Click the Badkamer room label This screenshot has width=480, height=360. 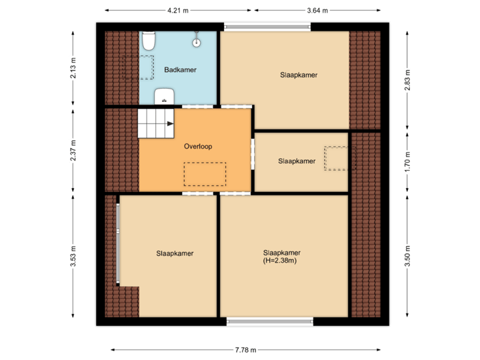(180, 69)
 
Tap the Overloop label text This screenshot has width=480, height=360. (198, 146)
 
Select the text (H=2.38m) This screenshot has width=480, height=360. (279, 261)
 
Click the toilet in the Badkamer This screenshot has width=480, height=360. (148, 42)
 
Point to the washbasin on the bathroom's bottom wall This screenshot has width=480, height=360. (164, 97)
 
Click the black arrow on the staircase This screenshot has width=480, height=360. (170, 123)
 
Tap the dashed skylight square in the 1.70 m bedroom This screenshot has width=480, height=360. (336, 159)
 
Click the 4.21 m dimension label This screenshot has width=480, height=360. (178, 11)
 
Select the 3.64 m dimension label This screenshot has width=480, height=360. (317, 11)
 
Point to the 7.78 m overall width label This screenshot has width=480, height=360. (245, 349)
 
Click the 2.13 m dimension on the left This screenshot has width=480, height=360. (73, 69)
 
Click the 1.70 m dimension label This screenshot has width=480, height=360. (408, 163)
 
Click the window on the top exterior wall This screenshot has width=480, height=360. (267, 27)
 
